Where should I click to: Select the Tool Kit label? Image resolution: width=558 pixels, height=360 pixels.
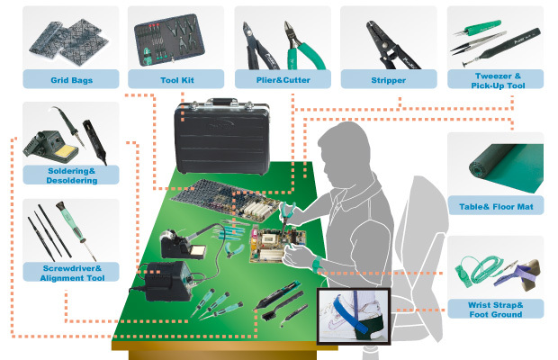[175, 81]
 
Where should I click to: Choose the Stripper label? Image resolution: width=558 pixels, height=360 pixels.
[388, 81]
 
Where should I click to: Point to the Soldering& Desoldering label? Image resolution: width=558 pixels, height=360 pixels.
[70, 175]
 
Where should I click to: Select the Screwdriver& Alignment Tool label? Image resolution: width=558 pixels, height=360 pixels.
[70, 272]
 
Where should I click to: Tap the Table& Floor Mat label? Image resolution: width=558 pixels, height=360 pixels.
[495, 206]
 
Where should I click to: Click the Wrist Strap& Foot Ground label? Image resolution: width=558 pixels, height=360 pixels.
[495, 310]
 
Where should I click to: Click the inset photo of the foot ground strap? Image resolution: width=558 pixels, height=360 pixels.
[355, 319]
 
